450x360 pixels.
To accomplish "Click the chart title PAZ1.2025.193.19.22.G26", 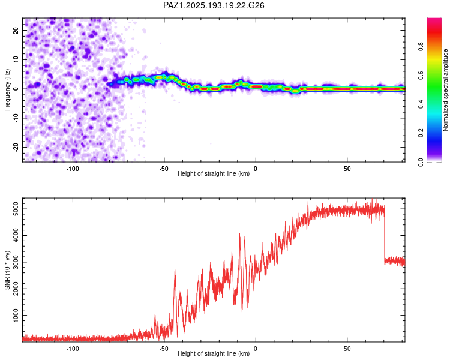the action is tap(214, 5).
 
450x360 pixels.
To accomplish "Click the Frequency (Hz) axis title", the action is tap(7, 89).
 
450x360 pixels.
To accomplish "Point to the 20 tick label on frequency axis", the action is tap(16, 31).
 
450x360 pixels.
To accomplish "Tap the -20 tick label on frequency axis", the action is tap(16, 148).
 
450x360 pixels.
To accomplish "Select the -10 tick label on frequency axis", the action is tap(16, 118).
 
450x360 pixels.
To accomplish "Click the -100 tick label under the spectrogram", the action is tap(73, 169).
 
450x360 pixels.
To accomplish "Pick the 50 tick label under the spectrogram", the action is tap(347, 169).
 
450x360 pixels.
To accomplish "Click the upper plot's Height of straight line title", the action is tap(214, 173).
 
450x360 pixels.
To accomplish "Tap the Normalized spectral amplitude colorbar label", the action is tap(445, 90).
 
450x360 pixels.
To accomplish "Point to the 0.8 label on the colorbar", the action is tap(421, 46).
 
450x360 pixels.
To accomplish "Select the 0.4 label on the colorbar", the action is tap(421, 104).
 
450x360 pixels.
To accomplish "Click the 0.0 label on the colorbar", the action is tap(421, 162).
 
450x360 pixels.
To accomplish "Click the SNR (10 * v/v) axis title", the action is tap(7, 270).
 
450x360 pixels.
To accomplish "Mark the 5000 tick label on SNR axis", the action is tap(16, 209).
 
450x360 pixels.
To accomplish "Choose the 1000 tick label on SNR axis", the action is tap(16, 316).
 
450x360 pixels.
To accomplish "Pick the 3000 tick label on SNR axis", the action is tap(16, 262).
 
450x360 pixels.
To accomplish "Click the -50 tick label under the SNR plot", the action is tap(164, 349).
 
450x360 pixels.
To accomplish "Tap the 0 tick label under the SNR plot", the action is tap(256, 349).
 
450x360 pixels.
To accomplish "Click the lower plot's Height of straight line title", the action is tap(214, 353).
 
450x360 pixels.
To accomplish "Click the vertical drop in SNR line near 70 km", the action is tap(385, 234).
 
